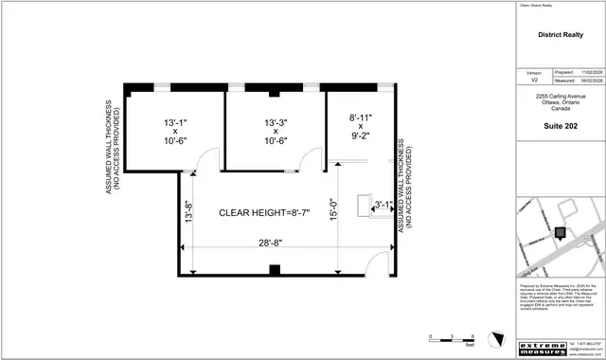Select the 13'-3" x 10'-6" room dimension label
(276, 132)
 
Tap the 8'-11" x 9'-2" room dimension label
(361, 126)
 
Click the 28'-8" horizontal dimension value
(272, 243)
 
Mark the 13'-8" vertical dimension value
(189, 211)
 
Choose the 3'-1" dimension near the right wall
(383, 204)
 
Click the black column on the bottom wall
(274, 270)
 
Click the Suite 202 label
(559, 126)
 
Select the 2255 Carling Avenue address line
(559, 97)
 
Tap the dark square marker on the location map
(560, 232)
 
